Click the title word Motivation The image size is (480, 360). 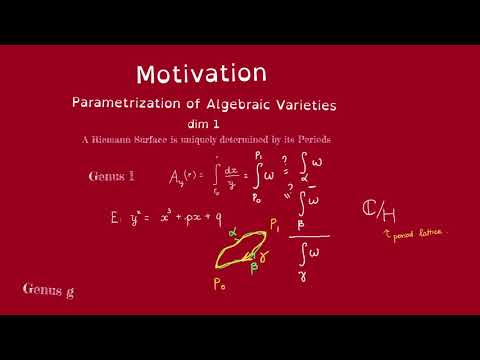pyautogui.click(x=201, y=74)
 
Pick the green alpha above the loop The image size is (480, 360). pyautogui.click(x=231, y=230)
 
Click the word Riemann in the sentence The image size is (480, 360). pyautogui.click(x=116, y=141)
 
